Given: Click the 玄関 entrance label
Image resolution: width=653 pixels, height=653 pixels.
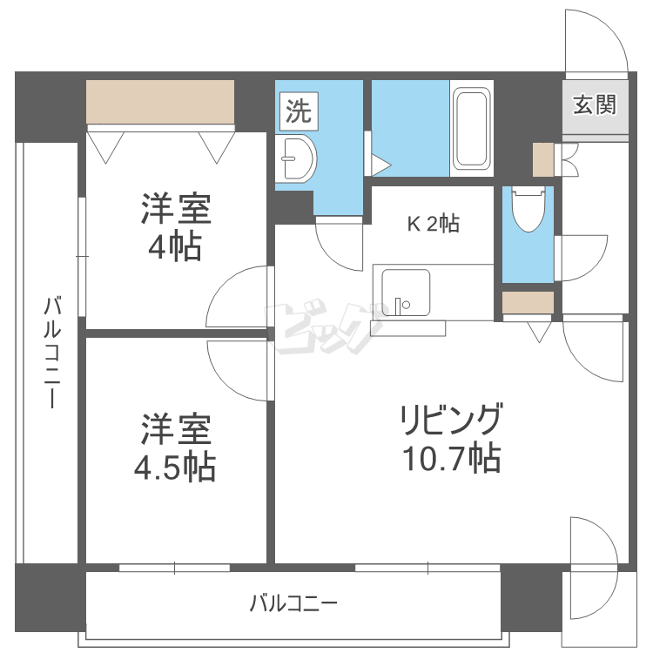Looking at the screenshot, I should tap(595, 105).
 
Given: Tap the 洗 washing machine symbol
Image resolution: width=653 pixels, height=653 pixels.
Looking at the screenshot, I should tap(298, 111).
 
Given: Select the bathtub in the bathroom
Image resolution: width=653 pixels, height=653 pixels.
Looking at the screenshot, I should tap(472, 128).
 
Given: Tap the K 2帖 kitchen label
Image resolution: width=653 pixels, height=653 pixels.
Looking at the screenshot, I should tap(434, 224).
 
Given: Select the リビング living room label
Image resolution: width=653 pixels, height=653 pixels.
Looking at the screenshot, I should tap(450, 421).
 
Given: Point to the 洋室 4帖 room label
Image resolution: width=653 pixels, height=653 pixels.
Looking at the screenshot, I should tap(175, 227).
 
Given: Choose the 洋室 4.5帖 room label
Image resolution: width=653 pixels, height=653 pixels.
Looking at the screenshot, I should tap(175, 449).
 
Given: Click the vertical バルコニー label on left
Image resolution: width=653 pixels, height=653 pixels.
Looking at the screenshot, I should tap(51, 353).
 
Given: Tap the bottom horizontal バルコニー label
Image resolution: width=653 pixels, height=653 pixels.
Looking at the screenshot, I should tap(293, 603).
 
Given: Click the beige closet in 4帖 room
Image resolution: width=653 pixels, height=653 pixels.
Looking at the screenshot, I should tap(161, 102).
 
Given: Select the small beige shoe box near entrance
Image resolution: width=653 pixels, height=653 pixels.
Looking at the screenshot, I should tap(542, 159).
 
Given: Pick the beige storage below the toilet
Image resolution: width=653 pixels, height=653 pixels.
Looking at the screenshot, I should tap(528, 302).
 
